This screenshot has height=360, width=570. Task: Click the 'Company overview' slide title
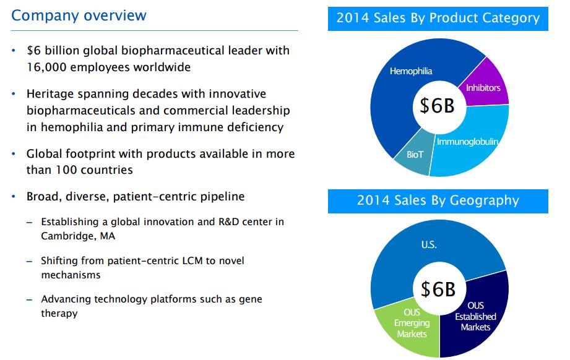[x=79, y=15]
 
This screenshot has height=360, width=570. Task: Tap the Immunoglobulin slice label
[x=467, y=142]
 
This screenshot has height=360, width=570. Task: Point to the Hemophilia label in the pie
[x=411, y=71]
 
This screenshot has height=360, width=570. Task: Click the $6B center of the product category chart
[x=437, y=106]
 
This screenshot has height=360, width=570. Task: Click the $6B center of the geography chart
[x=437, y=289]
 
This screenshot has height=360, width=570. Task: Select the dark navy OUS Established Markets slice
[x=476, y=316]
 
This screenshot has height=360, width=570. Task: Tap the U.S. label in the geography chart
[x=428, y=245]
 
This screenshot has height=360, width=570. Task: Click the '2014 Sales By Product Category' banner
[x=438, y=18]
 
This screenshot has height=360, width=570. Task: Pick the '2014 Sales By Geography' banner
[x=438, y=200]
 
